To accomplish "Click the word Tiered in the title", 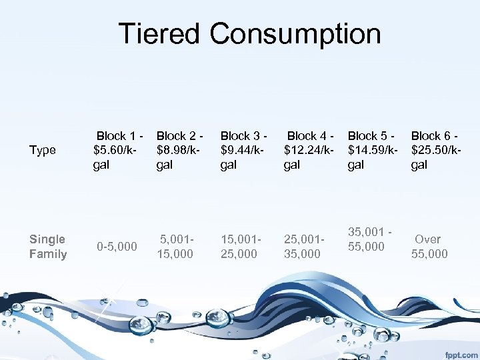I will pos(158,33).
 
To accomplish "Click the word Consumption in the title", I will pos(293,33).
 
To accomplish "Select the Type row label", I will pos(43,150).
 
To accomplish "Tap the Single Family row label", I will pos(48,246).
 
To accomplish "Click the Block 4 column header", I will pos(309,150).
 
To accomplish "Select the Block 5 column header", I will pos(372,150).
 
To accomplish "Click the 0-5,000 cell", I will pos(117,247).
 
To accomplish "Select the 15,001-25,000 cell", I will pos(240,246).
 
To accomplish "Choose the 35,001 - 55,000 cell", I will pos(367,239).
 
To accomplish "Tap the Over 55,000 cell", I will pos(429,246).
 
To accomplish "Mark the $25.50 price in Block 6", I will pos(431,150).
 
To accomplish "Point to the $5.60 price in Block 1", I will pos(111,150).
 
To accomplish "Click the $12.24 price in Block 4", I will pos(303,150).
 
